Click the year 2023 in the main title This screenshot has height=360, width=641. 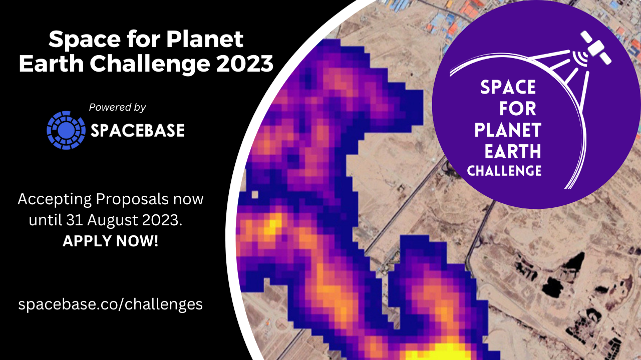click(245, 63)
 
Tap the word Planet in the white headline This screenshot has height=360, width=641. click(205, 39)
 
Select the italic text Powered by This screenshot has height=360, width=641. click(117, 107)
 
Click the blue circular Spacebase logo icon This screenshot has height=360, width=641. click(66, 130)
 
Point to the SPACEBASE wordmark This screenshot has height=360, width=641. click(138, 131)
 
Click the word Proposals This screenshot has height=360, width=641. click(132, 199)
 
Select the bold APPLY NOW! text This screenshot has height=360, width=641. click(110, 241)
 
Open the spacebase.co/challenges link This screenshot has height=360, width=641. click(111, 304)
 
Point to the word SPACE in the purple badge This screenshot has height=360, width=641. click(508, 87)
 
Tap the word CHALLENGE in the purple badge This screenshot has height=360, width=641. click(504, 171)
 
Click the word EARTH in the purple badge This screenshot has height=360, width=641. click(513, 151)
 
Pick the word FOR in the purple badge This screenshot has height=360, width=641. click(518, 109)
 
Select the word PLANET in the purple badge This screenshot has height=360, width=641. click(508, 130)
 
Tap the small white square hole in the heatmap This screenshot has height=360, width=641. click(255, 195)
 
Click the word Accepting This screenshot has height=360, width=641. click(55, 199)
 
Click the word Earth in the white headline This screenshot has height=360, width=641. click(52, 63)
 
